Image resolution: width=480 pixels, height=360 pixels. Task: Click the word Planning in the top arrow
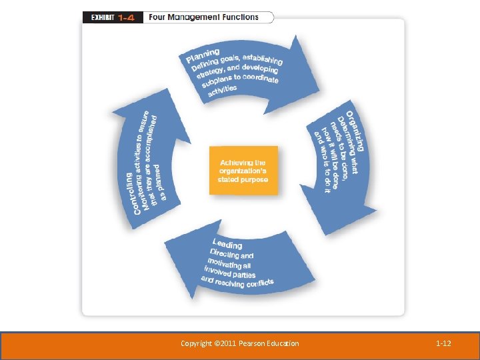tap(203, 55)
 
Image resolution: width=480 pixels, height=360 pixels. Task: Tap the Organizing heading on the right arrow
tap(355, 131)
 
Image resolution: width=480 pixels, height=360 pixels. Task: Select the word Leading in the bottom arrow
tap(227, 244)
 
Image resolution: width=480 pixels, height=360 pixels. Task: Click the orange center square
tap(244, 171)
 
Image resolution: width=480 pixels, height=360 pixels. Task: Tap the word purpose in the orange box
tap(255, 180)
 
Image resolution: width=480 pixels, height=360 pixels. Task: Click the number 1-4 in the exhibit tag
tap(126, 18)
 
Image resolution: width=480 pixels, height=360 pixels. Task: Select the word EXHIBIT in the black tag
tap(103, 18)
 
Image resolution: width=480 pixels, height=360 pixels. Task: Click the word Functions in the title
tap(240, 17)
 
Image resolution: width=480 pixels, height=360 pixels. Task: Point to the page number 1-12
tap(443, 343)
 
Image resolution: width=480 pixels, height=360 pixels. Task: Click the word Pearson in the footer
tap(251, 343)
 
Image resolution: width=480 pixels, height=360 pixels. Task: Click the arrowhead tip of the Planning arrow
tap(319, 91)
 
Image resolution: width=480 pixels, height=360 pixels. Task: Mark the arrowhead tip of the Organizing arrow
tap(325, 235)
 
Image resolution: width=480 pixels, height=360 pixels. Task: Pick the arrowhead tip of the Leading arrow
tap(165, 243)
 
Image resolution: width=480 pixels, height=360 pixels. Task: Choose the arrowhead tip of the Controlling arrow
tap(167, 89)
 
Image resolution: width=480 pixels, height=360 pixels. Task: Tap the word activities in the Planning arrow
tap(222, 91)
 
